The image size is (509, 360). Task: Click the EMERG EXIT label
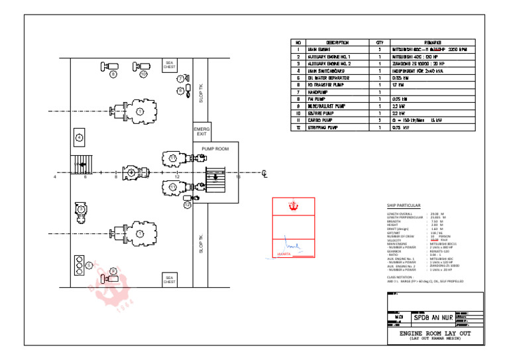[202, 130]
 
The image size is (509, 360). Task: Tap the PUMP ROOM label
[215, 149]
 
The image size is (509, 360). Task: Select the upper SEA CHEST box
[170, 65]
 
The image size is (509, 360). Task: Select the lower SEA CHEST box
[170, 279]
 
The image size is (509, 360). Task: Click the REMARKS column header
[424, 42]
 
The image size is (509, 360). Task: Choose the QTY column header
[380, 42]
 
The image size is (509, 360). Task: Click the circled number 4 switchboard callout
[80, 137]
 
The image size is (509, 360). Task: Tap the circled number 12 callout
[188, 204]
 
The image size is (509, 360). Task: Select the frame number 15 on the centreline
[238, 177]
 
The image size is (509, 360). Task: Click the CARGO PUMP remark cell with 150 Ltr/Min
[424, 120]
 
